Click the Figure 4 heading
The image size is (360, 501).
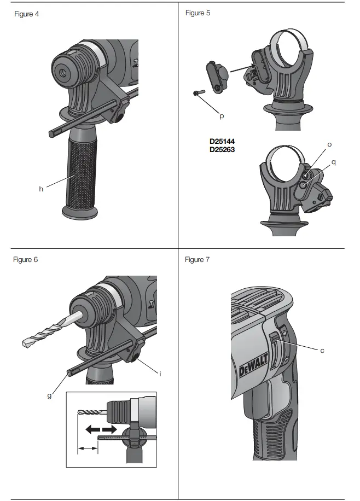tap(26, 14)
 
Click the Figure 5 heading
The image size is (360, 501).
tap(198, 13)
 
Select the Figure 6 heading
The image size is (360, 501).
tap(26, 259)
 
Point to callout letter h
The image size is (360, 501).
tap(40, 189)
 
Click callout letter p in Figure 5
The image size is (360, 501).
tap(222, 116)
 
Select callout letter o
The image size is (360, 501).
tap(329, 144)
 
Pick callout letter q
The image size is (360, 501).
tap(334, 162)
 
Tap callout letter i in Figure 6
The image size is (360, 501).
tap(160, 374)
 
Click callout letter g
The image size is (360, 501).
tap(49, 395)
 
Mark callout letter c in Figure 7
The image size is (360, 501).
tap(322, 350)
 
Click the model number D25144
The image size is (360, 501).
tap(222, 141)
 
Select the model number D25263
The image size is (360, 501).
tap(222, 149)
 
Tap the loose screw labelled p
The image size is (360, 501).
tap(200, 93)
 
